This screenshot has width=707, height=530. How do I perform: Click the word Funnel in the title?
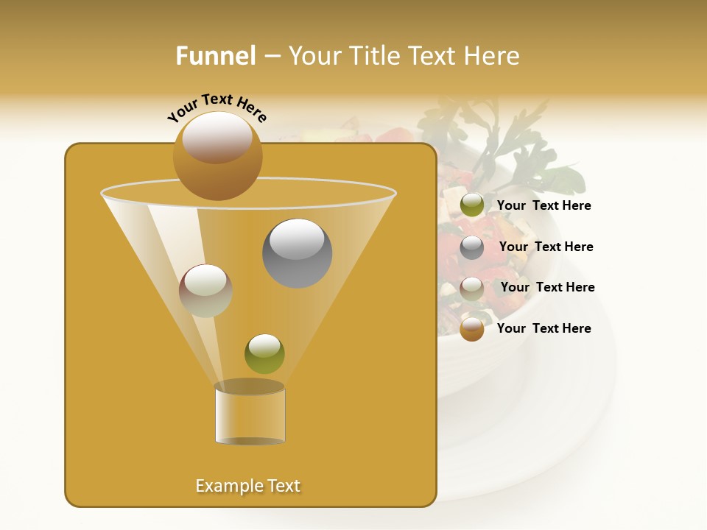(x=216, y=56)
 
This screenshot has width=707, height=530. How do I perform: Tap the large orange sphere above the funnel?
(x=217, y=156)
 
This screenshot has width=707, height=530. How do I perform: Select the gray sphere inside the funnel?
(x=298, y=253)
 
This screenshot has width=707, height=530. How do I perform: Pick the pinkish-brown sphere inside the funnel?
(x=205, y=291)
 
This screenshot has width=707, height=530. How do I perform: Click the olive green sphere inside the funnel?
(x=264, y=354)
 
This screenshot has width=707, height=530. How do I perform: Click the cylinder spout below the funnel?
(x=250, y=414)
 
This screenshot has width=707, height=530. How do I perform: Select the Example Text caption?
(x=248, y=486)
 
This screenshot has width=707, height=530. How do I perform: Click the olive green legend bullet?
(x=472, y=205)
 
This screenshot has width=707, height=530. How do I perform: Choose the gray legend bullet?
(x=472, y=247)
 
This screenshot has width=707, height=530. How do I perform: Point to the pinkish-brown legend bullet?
(x=472, y=289)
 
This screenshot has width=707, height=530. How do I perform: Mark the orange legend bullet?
(x=472, y=329)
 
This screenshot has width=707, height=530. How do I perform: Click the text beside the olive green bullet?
(x=544, y=206)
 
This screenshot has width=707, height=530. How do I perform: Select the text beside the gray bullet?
(x=546, y=247)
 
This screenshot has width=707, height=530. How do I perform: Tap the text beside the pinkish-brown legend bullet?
(x=547, y=288)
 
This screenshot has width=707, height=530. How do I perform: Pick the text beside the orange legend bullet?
(x=544, y=328)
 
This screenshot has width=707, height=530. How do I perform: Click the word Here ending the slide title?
(x=493, y=56)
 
